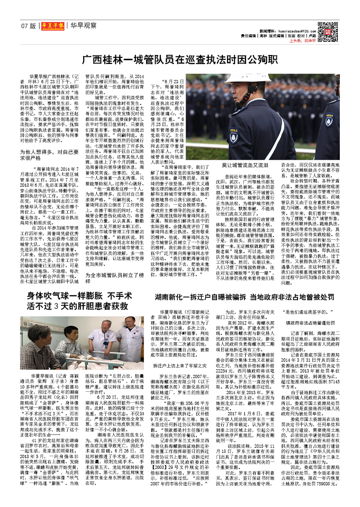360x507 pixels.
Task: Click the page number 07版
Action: pos(28,26)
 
